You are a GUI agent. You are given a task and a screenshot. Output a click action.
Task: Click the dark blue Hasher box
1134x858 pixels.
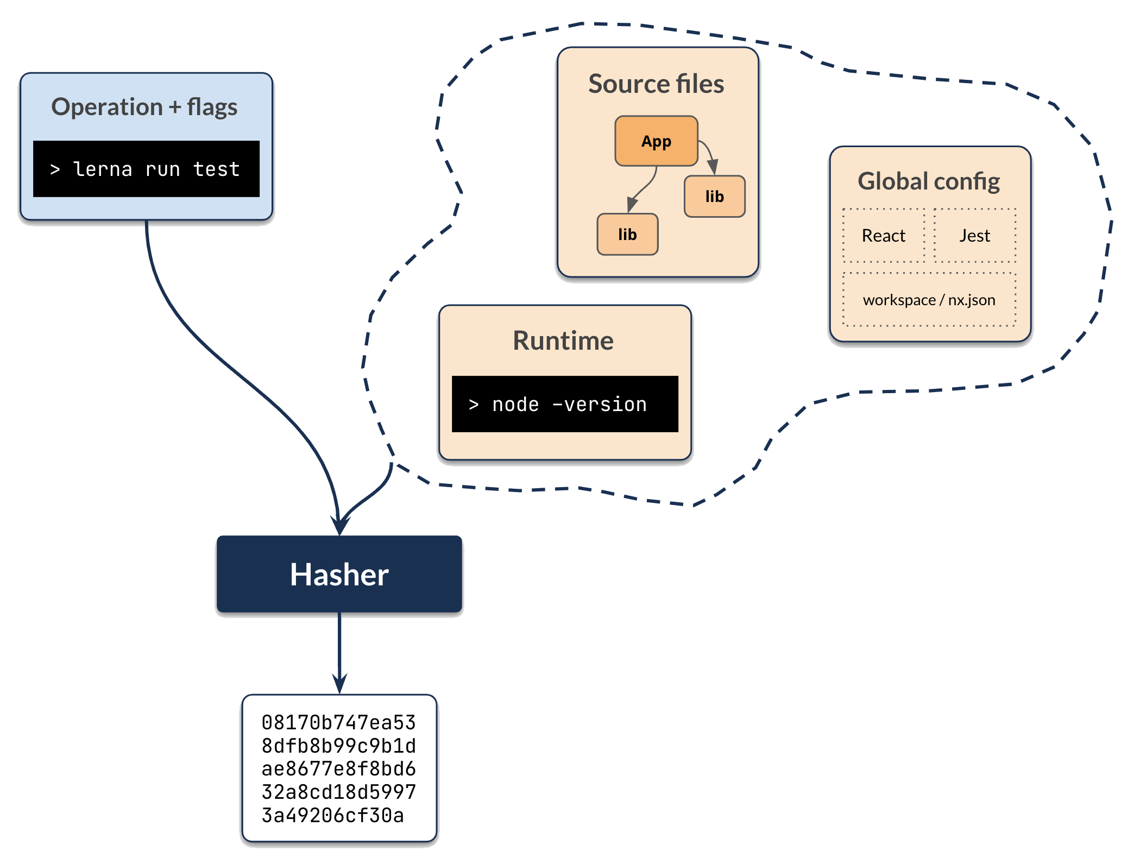click(x=339, y=575)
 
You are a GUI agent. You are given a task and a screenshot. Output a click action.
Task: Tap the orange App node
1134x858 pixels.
click(x=656, y=141)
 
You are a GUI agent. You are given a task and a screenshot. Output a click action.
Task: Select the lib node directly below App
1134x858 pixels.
click(x=627, y=235)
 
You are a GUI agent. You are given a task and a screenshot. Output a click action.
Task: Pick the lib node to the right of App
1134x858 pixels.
click(x=714, y=197)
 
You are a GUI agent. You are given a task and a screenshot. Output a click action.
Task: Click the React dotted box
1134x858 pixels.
click(x=883, y=236)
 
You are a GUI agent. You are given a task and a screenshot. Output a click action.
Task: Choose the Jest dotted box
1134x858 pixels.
click(x=974, y=236)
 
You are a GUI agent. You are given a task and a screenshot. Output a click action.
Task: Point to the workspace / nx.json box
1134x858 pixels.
click(x=929, y=300)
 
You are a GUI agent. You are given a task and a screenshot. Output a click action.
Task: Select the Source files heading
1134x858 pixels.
click(x=656, y=84)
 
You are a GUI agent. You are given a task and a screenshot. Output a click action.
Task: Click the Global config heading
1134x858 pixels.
click(x=929, y=181)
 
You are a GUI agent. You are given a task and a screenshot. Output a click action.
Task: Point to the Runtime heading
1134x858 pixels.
click(x=563, y=341)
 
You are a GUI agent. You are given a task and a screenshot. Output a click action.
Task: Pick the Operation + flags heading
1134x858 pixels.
click(x=144, y=107)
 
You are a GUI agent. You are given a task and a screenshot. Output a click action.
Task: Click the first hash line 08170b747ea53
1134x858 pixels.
click(x=338, y=723)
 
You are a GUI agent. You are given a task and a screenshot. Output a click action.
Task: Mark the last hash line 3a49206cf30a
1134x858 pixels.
click(x=332, y=816)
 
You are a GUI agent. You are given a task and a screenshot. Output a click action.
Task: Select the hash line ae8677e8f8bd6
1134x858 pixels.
click(x=338, y=769)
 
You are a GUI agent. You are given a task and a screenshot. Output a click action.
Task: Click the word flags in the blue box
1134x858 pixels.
click(x=212, y=107)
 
